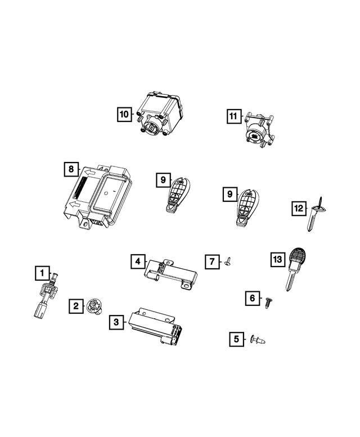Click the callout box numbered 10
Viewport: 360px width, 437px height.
pyautogui.click(x=124, y=115)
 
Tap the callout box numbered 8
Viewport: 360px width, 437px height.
pyautogui.click(x=70, y=169)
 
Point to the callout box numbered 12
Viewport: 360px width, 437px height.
pyautogui.click(x=298, y=209)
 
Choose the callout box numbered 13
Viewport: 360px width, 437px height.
pyautogui.click(x=276, y=259)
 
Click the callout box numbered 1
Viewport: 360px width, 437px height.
pyautogui.click(x=40, y=274)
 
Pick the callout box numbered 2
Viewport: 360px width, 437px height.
pyautogui.click(x=75, y=306)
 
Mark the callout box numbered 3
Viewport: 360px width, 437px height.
pyautogui.click(x=116, y=322)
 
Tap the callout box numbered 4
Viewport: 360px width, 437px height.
pyautogui.click(x=137, y=261)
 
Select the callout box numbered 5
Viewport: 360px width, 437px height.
pyautogui.click(x=236, y=339)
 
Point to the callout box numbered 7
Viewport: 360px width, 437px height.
pyautogui.click(x=211, y=262)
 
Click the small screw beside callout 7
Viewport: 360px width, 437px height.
pyautogui.click(x=228, y=260)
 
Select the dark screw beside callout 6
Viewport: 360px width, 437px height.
pyautogui.click(x=268, y=303)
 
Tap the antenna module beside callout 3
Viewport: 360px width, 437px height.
pyautogui.click(x=155, y=326)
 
